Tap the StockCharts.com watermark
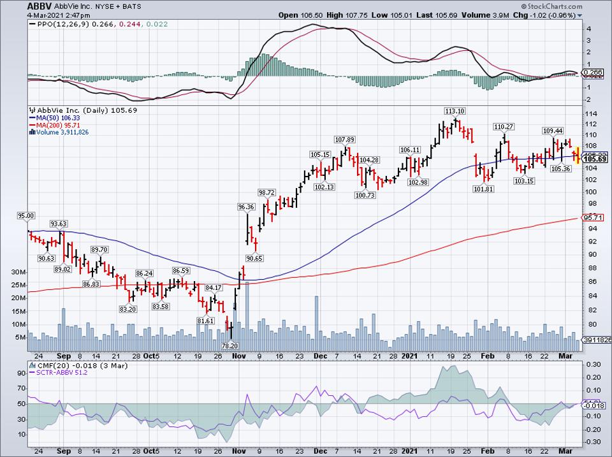click(575, 6)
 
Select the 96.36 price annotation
click(246, 207)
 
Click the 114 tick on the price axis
click(591, 112)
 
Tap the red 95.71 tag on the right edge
click(593, 218)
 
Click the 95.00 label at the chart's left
click(25, 217)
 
